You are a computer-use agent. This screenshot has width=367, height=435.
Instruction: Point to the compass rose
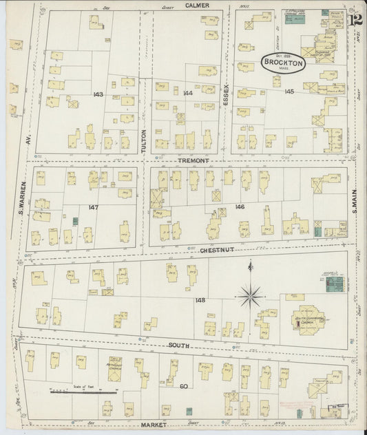pos(249,296)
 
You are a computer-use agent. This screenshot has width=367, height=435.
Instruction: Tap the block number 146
pos(239,206)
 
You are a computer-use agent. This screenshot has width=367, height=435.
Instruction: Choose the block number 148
pos(200,300)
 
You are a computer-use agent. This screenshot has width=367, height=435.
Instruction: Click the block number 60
pos(184,387)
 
